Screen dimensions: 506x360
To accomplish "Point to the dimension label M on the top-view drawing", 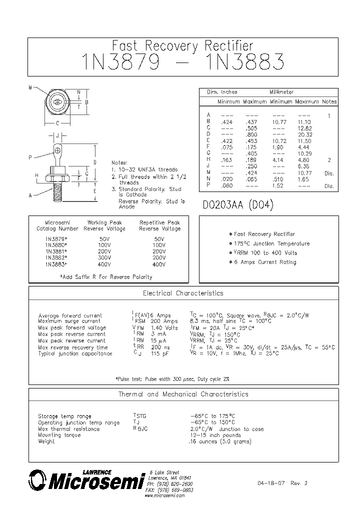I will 30,88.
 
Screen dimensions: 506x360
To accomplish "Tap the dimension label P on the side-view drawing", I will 30,157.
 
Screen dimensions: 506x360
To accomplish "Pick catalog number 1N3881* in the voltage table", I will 56,251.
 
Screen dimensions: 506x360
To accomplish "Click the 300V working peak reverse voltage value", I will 105,258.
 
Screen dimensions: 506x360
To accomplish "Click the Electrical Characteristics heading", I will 183,293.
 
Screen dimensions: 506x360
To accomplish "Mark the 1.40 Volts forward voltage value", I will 164,328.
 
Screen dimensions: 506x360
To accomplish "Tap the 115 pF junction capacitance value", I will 160,353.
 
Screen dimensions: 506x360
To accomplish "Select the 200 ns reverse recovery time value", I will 160,347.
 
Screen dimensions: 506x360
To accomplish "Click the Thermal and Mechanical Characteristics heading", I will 183,394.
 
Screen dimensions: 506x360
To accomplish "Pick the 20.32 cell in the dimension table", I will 304,134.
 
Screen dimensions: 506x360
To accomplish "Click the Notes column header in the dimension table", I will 329,101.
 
